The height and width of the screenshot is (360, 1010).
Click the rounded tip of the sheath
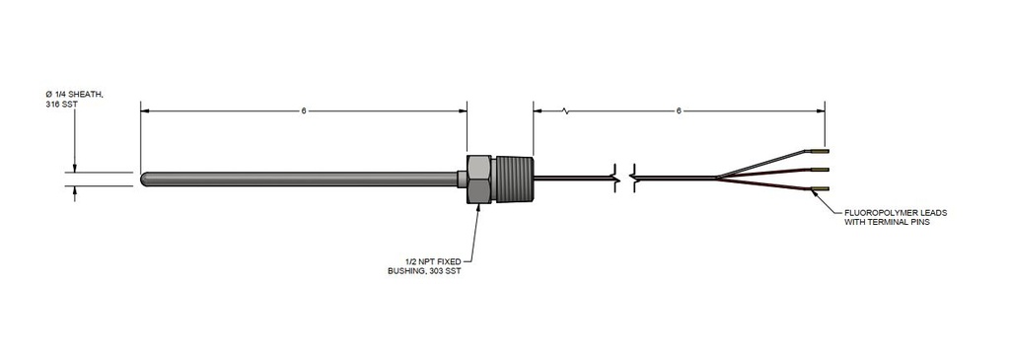(x=146, y=179)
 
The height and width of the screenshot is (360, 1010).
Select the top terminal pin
(x=820, y=152)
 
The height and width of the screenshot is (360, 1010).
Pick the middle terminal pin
(x=821, y=170)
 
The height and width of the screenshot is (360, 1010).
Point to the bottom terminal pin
(x=820, y=187)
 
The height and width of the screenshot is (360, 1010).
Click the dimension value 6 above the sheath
(x=304, y=111)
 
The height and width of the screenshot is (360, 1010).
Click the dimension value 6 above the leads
(x=679, y=111)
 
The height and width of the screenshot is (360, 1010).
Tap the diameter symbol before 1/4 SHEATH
(x=48, y=93)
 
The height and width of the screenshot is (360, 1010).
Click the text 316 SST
(x=61, y=104)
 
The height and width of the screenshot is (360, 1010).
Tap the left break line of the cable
(x=617, y=179)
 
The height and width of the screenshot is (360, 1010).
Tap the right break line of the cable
(x=632, y=179)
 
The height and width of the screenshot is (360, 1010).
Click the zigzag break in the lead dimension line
(x=565, y=111)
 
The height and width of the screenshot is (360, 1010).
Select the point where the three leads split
(x=718, y=179)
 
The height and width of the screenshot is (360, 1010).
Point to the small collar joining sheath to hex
(x=461, y=179)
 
